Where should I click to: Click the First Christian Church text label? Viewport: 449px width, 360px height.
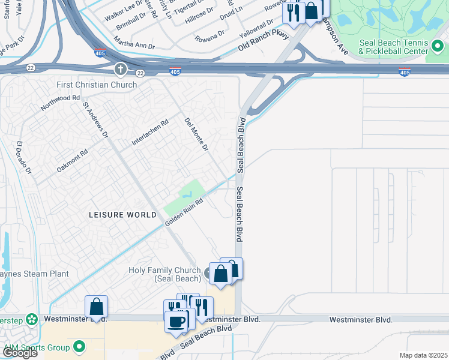click(x=97, y=85)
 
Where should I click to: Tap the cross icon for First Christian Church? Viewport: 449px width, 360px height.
click(x=121, y=70)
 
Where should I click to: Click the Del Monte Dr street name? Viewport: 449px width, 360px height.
click(x=196, y=134)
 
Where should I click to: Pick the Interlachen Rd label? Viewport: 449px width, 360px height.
click(x=150, y=133)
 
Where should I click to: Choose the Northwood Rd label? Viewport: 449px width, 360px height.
click(x=60, y=103)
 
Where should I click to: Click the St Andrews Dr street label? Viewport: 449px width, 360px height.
click(x=95, y=119)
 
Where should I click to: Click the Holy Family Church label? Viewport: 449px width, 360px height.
click(x=164, y=274)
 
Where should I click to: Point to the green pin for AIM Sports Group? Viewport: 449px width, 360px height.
click(x=79, y=347)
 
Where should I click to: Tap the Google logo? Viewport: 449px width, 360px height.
click(x=20, y=353)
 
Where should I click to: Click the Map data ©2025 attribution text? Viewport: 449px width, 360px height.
click(x=423, y=355)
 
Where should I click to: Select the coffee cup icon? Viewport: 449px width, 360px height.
click(x=176, y=320)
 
